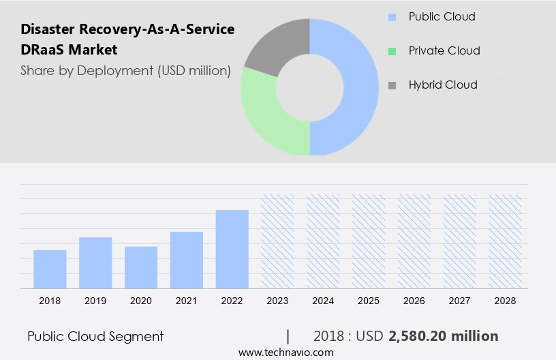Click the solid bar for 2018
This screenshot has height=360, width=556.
tap(50, 269)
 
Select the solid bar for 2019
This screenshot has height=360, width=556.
tap(95, 263)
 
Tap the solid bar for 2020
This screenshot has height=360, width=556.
tap(141, 267)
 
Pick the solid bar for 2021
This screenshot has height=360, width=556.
tap(187, 260)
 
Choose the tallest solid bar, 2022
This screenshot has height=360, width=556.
tap(232, 250)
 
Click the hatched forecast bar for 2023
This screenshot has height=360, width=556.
tap(278, 241)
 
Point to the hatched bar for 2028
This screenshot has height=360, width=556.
tap(506, 241)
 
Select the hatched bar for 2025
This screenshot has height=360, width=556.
tap(369, 241)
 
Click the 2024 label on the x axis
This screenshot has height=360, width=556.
tap(323, 301)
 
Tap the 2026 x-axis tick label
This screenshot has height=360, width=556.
tap(414, 301)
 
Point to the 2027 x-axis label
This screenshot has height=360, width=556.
tap(460, 301)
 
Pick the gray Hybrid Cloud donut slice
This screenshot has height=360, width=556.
tap(276, 44)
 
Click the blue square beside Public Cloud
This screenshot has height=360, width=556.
tap(391, 17)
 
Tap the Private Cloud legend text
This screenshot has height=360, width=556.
tap(444, 51)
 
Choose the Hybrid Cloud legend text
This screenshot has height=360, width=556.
tap(443, 85)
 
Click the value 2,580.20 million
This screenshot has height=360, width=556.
tap(444, 336)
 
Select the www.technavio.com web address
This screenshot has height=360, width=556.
tap(286, 352)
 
